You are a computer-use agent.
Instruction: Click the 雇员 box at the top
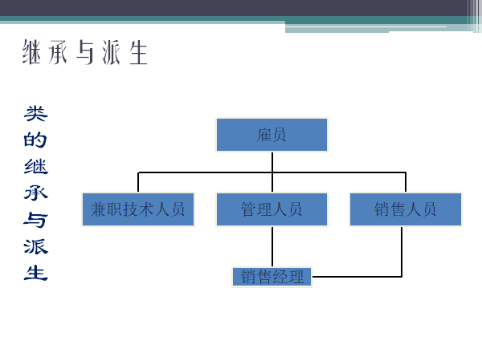(272, 135)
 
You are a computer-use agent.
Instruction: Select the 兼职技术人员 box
(138, 209)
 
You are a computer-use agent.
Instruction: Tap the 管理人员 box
(272, 209)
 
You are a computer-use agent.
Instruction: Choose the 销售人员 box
(406, 209)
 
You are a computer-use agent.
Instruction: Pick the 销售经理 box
(272, 277)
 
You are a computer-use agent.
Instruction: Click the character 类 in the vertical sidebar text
(36, 114)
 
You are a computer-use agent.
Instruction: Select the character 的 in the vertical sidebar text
(36, 140)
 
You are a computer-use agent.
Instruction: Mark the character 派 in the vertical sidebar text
(36, 246)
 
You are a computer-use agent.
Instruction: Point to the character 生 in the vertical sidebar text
(36, 273)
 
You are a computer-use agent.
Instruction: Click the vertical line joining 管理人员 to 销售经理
(272, 245)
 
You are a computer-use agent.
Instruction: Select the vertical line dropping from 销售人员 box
(401, 250)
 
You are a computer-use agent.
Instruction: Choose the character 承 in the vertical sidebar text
(36, 193)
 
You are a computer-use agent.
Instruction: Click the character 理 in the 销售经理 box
(296, 278)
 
